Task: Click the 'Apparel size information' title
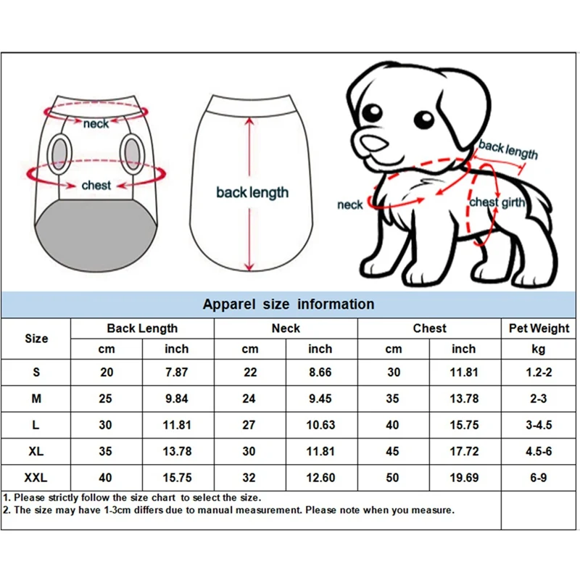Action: click(x=289, y=304)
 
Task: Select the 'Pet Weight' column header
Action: click(x=539, y=328)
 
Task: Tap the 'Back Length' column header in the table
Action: click(x=142, y=328)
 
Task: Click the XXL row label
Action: click(x=36, y=478)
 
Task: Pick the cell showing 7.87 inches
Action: click(x=177, y=373)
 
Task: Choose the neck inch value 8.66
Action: click(x=320, y=373)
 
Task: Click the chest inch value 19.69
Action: click(x=464, y=478)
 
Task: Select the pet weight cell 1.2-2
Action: click(x=539, y=373)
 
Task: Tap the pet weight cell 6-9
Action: click(x=539, y=478)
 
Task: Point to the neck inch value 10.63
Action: click(x=320, y=425)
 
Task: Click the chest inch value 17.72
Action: click(x=464, y=451)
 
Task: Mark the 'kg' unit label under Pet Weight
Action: click(x=539, y=349)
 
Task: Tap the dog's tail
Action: click(x=536, y=192)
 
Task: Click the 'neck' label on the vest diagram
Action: click(x=96, y=124)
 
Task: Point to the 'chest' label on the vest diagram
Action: click(x=96, y=186)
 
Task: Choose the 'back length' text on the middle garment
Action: click(x=252, y=193)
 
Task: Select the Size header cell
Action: click(x=36, y=339)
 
